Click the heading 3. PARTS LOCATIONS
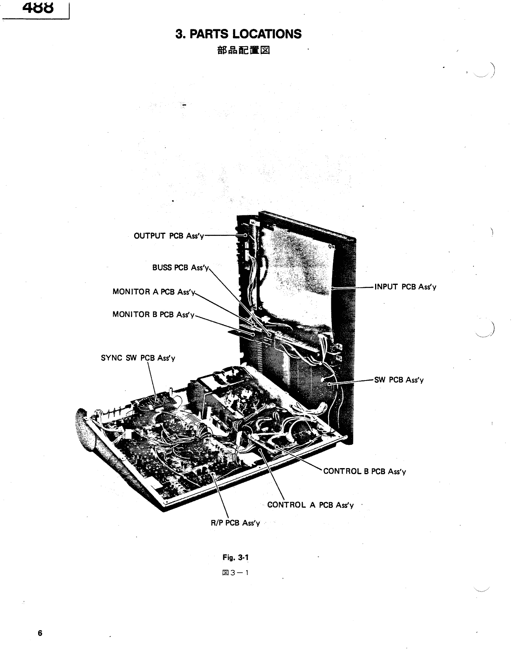point(239,34)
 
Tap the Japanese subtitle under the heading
point(239,51)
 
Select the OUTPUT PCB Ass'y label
point(169,236)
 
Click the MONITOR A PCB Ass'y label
point(154,292)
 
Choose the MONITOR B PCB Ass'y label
point(153,315)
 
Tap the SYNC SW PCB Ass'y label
point(138,358)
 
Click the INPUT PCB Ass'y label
point(405,287)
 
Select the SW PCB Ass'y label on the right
point(399,380)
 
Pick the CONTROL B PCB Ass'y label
point(364,472)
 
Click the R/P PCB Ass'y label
point(235,523)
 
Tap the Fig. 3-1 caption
point(236,558)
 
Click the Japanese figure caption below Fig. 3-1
point(236,573)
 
